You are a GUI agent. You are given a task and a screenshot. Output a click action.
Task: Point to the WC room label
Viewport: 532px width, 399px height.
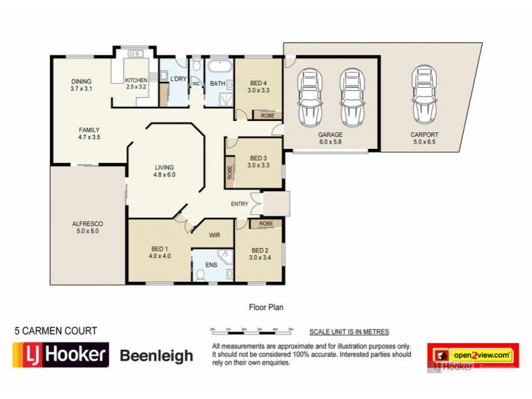[x=196, y=84]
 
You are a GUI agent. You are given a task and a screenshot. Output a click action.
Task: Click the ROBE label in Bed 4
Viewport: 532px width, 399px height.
[x=267, y=115]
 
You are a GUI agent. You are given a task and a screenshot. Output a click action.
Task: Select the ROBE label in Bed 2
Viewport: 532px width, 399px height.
[x=267, y=224]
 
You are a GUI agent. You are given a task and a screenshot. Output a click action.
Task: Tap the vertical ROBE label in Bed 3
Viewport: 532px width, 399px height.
[x=230, y=172]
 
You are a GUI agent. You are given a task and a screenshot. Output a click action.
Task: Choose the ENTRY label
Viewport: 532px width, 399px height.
[x=239, y=203]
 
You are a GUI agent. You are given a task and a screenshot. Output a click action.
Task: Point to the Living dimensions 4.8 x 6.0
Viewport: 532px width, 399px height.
[x=164, y=175]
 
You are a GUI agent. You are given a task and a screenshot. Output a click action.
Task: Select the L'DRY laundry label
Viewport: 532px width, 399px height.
[x=178, y=79]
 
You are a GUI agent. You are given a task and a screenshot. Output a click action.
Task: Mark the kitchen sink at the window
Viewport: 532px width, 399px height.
[x=136, y=53]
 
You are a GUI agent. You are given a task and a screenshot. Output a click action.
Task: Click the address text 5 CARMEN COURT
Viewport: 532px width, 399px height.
[x=56, y=331]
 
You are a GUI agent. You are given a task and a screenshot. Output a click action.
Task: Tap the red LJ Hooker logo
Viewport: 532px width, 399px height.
[x=61, y=354]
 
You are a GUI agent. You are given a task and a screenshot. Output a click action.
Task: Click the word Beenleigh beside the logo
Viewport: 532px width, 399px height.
[x=156, y=356]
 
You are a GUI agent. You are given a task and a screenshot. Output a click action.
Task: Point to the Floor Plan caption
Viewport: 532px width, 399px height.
[x=265, y=307]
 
